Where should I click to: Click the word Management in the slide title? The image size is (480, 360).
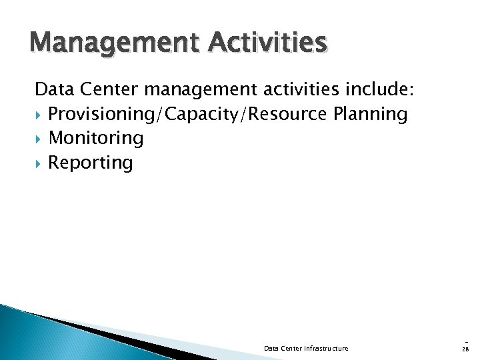[x=107, y=43]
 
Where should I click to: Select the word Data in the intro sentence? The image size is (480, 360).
[x=54, y=89]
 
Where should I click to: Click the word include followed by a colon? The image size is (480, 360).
[x=388, y=89]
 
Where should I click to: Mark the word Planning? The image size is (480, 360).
[x=370, y=114]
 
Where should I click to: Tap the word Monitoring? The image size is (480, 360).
[x=96, y=138]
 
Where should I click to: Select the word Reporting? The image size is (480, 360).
[x=91, y=163]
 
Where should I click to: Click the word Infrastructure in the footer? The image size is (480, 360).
[x=327, y=348]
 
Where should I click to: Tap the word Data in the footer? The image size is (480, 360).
[x=271, y=348]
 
